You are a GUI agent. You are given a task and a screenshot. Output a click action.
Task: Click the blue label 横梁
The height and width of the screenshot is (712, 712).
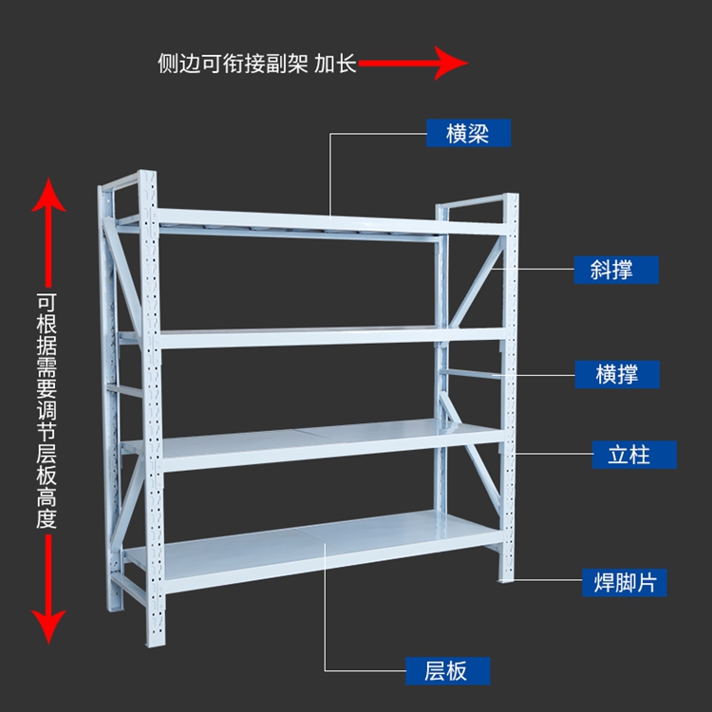click(x=468, y=133)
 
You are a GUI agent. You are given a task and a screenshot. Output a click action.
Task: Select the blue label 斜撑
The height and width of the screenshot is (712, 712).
click(x=616, y=270)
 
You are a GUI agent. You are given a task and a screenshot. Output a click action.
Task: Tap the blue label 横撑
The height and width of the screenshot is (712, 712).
click(x=617, y=375)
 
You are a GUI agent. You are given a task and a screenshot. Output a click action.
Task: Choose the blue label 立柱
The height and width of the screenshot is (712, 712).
click(x=634, y=455)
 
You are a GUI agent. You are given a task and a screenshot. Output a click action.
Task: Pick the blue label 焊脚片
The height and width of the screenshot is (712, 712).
click(x=625, y=583)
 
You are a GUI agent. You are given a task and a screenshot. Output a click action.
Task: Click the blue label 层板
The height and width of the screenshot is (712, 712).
click(x=448, y=670)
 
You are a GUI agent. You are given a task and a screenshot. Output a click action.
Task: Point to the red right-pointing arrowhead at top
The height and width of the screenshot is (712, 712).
click(x=450, y=63)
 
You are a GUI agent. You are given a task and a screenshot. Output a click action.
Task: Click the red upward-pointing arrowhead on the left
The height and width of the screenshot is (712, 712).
click(x=48, y=196)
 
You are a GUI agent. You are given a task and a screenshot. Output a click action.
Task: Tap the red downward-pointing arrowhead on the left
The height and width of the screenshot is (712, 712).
click(x=48, y=627)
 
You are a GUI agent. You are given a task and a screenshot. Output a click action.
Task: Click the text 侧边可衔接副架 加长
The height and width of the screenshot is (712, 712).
click(x=257, y=63)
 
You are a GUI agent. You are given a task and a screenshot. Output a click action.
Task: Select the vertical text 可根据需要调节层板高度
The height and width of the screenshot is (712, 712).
click(x=47, y=411)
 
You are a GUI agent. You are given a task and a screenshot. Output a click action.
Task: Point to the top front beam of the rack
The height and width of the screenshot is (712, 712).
click(x=331, y=221)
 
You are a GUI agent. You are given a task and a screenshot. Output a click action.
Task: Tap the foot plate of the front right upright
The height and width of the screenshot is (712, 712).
click(x=506, y=579)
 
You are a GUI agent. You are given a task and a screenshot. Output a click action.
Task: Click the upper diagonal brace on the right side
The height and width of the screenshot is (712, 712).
click(x=477, y=282)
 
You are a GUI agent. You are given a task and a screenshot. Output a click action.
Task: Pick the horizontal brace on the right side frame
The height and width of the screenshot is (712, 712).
click(x=471, y=374)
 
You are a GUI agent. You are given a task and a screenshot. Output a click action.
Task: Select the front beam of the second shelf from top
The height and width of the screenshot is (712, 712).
click(x=333, y=338)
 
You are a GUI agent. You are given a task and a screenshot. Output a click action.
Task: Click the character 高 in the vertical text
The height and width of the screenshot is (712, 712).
click(x=47, y=497)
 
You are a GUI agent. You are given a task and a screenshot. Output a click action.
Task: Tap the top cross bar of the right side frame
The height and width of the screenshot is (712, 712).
click(x=472, y=201)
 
